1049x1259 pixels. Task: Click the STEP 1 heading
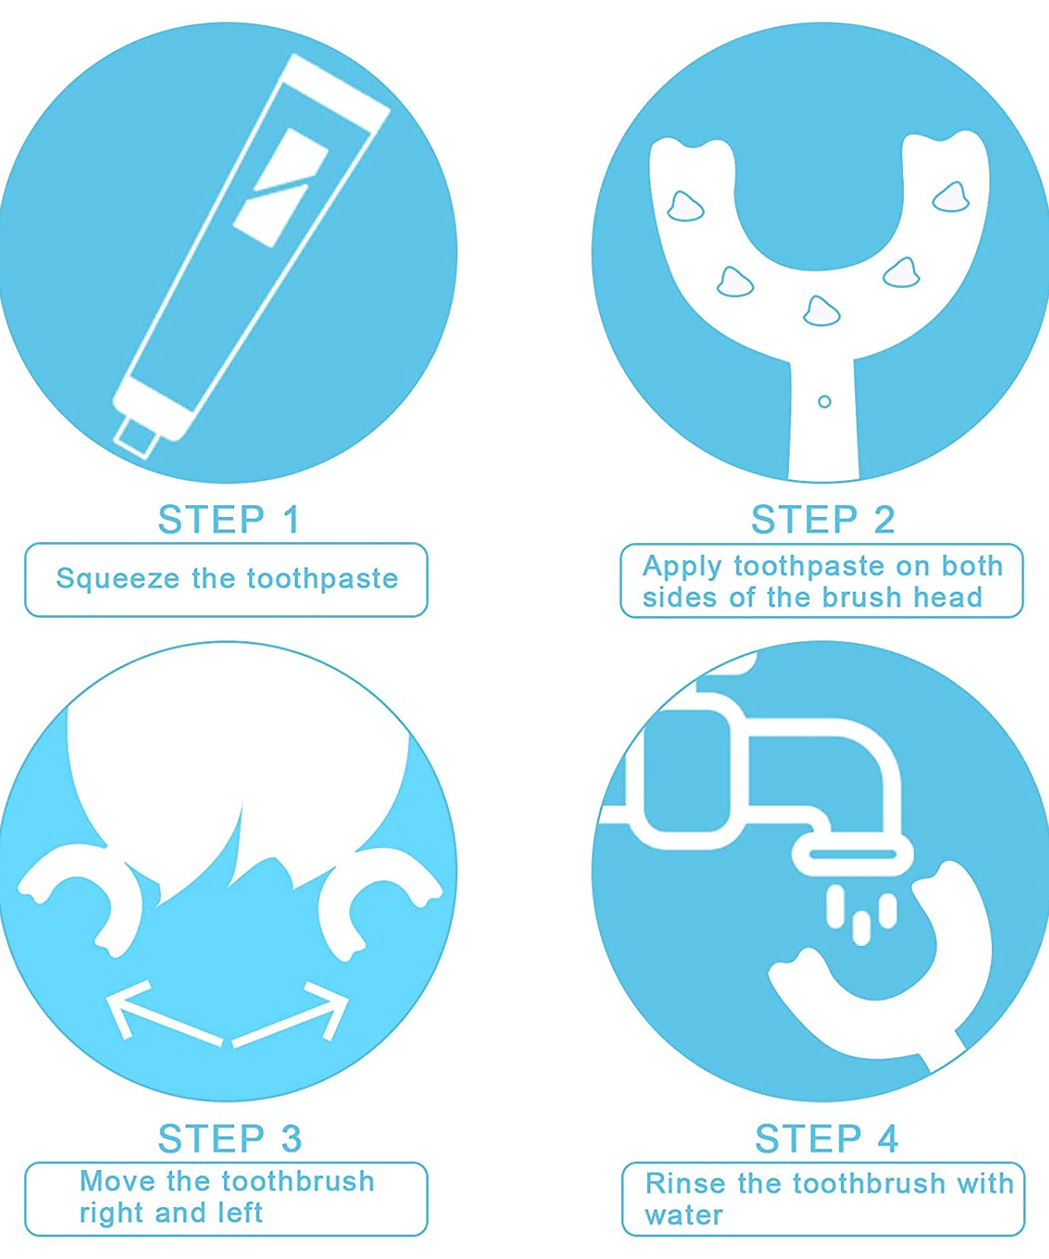click(228, 520)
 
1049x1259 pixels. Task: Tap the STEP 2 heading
click(822, 520)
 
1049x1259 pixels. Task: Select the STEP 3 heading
click(229, 1139)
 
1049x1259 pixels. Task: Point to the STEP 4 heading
click(826, 1139)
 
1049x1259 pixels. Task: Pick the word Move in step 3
click(117, 1181)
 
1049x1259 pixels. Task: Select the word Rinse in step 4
click(686, 1183)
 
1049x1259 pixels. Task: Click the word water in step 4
click(683, 1215)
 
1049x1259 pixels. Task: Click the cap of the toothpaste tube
click(137, 436)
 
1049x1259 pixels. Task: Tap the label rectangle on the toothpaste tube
click(280, 187)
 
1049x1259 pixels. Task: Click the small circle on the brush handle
click(824, 402)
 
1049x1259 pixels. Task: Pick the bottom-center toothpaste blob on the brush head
click(821, 311)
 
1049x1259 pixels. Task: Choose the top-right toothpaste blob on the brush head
click(952, 198)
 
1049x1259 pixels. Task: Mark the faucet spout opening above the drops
click(852, 855)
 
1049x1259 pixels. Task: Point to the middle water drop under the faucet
click(861, 927)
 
